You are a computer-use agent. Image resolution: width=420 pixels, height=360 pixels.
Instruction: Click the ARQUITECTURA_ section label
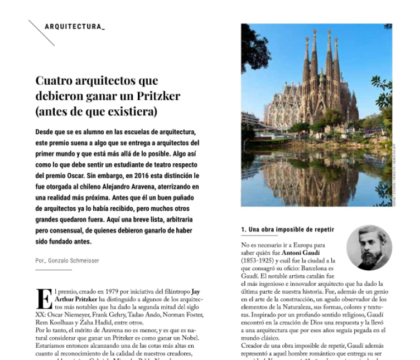tap(75, 27)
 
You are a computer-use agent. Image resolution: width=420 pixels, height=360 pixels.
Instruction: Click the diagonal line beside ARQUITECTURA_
tap(42, 33)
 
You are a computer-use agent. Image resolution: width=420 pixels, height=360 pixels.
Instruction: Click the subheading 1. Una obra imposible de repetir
tap(287, 230)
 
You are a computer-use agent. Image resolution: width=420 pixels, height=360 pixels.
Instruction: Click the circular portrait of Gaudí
tap(369, 247)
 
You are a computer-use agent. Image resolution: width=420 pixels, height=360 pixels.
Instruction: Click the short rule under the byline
tap(54, 270)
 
